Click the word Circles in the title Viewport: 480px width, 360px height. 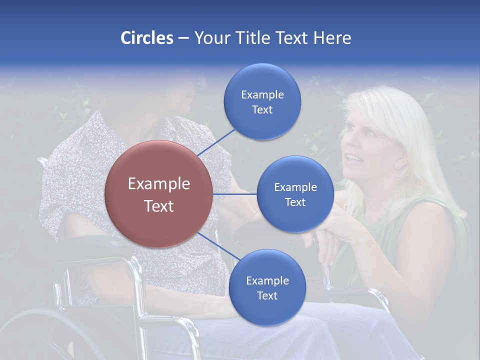click(147, 38)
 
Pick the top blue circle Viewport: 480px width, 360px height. click(262, 101)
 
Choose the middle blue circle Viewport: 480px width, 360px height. click(295, 194)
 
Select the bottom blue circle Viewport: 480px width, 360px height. click(267, 287)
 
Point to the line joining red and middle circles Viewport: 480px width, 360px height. click(235, 194)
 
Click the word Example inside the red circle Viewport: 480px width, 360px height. click(159, 184)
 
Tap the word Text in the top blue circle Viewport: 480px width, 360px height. click(262, 110)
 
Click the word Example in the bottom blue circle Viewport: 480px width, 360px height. click(267, 280)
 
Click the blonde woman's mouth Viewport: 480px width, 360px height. click(354, 159)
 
